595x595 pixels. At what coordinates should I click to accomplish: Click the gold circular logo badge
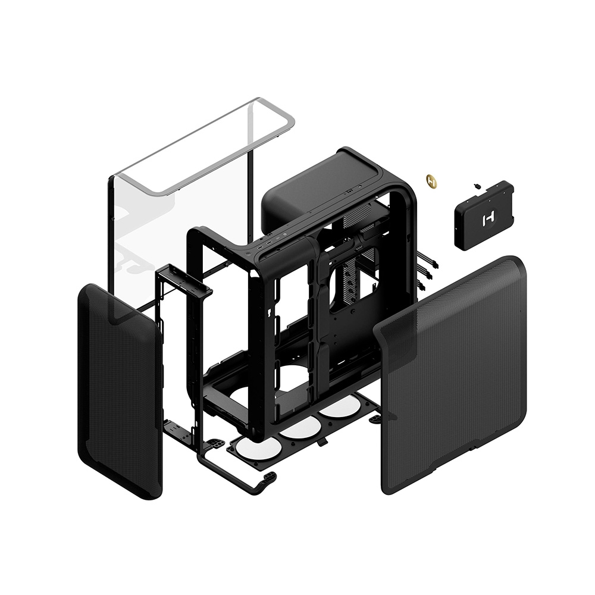[x=431, y=180]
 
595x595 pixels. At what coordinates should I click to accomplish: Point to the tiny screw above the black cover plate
[x=477, y=186]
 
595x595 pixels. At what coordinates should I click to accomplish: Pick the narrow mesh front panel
[x=119, y=393]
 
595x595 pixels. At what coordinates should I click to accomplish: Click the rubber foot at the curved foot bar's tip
[x=271, y=476]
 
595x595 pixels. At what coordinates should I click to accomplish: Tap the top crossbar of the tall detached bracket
[x=184, y=280]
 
